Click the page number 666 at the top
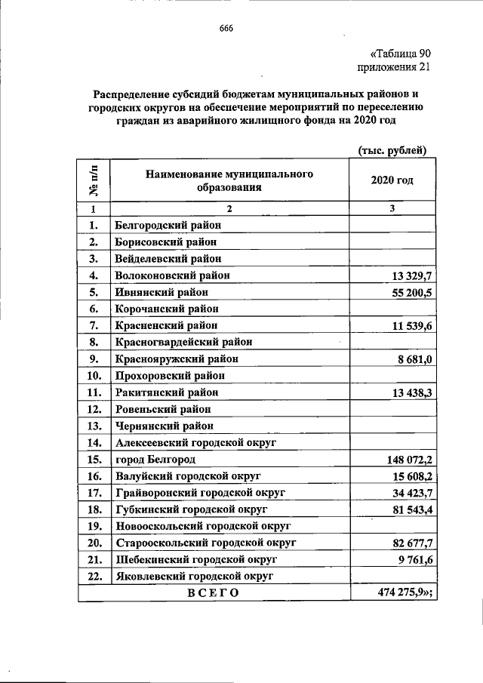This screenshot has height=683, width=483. click(226, 29)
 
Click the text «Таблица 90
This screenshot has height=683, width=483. click(400, 54)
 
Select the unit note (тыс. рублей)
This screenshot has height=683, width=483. click(392, 150)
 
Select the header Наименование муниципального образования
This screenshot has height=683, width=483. click(230, 181)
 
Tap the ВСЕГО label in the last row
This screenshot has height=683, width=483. click(213, 592)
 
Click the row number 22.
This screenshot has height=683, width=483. click(95, 576)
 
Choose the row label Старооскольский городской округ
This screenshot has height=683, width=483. click(205, 543)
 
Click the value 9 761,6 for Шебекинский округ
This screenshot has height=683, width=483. click(409, 559)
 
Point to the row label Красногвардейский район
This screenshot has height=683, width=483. click(182, 342)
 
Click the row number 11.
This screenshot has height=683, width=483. click(95, 392)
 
